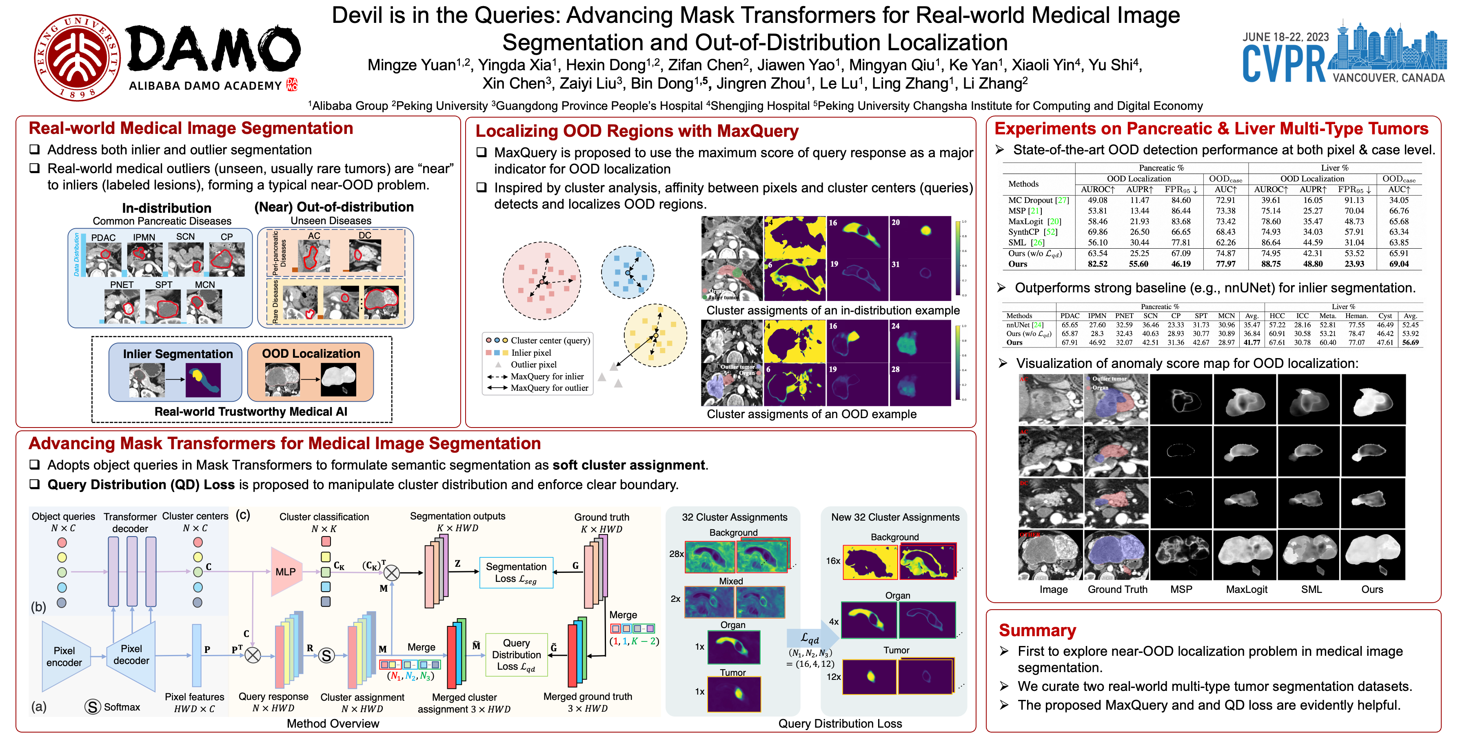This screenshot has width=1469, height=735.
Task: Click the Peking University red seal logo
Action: click(x=76, y=58)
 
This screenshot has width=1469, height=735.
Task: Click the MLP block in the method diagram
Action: click(x=285, y=571)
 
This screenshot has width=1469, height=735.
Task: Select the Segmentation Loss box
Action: click(x=516, y=572)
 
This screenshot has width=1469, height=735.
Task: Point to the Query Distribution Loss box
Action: click(x=516, y=655)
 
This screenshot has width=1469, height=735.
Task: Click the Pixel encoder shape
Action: click(x=64, y=656)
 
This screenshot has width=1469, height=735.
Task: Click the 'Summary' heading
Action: click(x=1037, y=630)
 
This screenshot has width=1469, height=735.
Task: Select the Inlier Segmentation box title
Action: click(x=178, y=354)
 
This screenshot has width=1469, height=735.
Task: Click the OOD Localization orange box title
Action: click(x=311, y=353)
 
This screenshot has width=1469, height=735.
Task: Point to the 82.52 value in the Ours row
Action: click(x=1097, y=264)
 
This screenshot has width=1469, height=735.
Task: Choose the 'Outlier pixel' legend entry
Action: click(x=533, y=364)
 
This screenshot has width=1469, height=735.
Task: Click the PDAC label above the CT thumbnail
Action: click(x=103, y=237)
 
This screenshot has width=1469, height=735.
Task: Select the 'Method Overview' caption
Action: click(x=333, y=723)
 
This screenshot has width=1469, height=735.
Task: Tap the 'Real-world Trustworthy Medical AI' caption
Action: click(x=251, y=412)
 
